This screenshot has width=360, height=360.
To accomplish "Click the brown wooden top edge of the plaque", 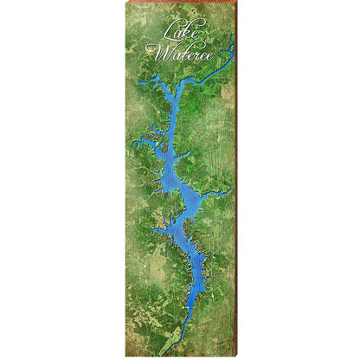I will point(179,2).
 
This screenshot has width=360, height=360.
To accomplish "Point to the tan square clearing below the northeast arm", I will point(226,91).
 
